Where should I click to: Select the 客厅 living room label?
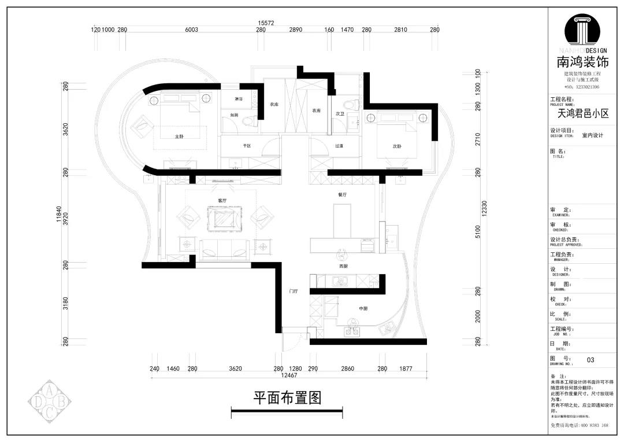222,200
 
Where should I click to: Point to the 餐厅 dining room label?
342,195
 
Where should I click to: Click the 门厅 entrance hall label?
293,292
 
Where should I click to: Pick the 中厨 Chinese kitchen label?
363,309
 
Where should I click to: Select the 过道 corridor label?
339,146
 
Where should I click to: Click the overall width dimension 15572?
265,23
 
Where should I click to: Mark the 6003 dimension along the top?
191,30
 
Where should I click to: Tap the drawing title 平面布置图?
287,398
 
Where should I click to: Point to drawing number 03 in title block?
590,360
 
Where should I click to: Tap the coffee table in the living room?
222,220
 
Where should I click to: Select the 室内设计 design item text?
592,135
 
